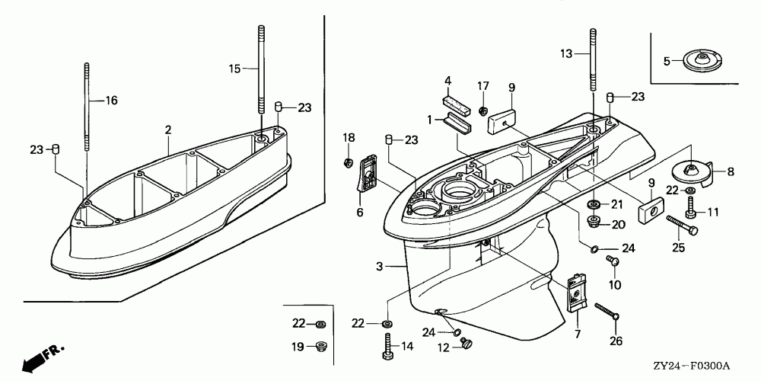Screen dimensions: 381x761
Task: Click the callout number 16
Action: pyautogui.click(x=111, y=100)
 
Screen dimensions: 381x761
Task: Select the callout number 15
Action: pyautogui.click(x=234, y=69)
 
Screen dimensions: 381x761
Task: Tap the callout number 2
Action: pyautogui.click(x=168, y=130)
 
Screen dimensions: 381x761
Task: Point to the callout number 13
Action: pyautogui.click(x=565, y=53)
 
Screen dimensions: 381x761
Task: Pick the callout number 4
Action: pyautogui.click(x=448, y=80)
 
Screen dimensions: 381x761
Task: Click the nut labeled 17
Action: pyautogui.click(x=482, y=113)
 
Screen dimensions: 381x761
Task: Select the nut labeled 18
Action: pyautogui.click(x=348, y=163)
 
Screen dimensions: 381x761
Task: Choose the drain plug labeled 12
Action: pyautogui.click(x=465, y=346)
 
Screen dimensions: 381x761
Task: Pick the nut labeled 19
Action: pyautogui.click(x=321, y=347)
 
